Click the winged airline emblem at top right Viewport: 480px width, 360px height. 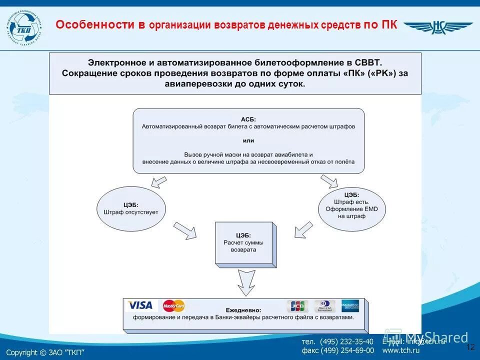437,27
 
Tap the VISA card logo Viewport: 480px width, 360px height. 140,305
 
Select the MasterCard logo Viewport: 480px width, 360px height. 173,305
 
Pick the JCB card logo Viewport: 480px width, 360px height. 297,305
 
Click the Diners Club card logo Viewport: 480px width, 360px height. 325,305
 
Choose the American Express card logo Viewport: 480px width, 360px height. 351,305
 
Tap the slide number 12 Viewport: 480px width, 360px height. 470,347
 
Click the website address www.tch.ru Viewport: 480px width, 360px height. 401,350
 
